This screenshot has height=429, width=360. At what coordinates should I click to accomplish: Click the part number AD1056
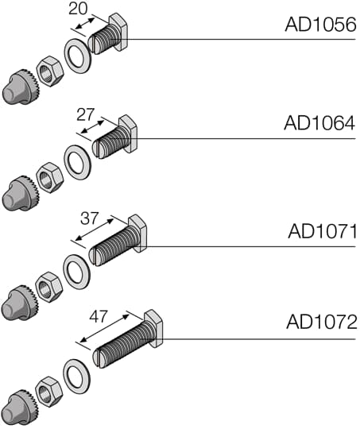click(319, 25)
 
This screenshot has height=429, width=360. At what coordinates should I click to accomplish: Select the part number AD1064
click(319, 123)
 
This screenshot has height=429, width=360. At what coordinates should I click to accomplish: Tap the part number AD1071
click(321, 231)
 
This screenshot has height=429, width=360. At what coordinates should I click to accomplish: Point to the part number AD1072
click(321, 323)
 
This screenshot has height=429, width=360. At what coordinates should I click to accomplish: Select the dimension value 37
click(91, 217)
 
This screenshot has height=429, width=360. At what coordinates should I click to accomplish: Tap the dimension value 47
click(98, 315)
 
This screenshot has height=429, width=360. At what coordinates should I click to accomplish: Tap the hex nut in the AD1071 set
click(51, 286)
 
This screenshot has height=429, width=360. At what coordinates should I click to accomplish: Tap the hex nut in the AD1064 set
click(51, 177)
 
